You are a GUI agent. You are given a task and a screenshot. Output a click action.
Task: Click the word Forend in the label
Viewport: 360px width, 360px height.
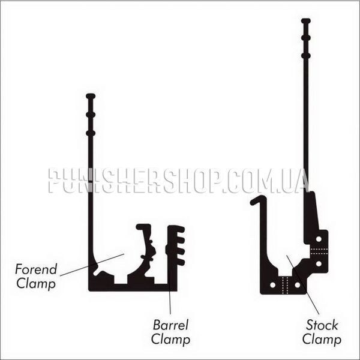click(36, 269)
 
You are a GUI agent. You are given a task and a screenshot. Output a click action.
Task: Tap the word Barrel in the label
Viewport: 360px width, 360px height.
click(170, 325)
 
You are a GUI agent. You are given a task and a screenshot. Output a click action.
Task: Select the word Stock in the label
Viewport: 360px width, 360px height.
click(322, 325)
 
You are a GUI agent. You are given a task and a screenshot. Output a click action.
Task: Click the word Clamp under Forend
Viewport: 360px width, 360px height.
click(36, 284)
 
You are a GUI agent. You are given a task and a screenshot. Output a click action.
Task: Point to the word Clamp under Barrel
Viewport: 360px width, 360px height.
click(170, 340)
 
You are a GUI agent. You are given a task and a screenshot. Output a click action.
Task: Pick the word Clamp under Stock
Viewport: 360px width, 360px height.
click(322, 340)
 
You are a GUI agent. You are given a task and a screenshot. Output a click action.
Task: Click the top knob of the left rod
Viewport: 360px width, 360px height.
click(91, 96)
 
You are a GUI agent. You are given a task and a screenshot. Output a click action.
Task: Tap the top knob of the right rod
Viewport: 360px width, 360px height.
click(306, 21)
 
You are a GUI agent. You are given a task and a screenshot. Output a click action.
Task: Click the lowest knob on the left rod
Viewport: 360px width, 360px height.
click(91, 133)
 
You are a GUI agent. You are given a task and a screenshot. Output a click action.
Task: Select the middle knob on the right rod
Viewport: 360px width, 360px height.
click(306, 38)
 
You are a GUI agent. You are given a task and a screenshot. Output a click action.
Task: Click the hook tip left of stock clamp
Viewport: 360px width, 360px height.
click(253, 202)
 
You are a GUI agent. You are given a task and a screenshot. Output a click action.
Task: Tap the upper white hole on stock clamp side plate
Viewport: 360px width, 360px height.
click(319, 239)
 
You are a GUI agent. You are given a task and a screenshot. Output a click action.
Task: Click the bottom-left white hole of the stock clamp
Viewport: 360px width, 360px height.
click(273, 285)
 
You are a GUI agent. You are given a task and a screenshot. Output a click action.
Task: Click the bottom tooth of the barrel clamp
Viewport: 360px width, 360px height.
click(180, 262)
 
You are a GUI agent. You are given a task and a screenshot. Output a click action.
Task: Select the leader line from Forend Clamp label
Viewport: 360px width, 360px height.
click(92, 265)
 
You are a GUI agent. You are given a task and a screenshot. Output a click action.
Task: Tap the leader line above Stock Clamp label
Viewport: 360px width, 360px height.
click(303, 284)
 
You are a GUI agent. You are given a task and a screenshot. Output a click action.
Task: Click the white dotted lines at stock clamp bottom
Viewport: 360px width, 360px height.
click(285, 285)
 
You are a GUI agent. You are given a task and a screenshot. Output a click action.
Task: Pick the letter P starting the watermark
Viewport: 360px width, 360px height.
click(55, 181)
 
